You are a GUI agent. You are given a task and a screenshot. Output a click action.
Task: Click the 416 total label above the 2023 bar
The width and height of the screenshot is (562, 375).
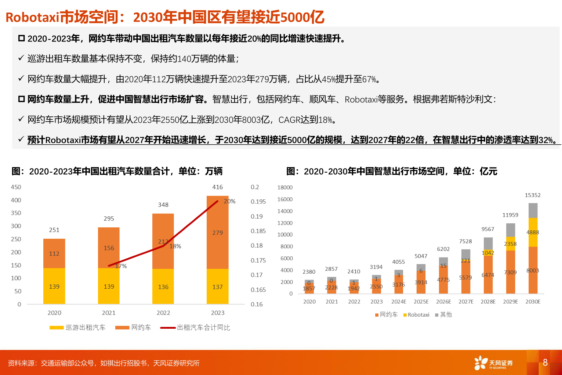217,187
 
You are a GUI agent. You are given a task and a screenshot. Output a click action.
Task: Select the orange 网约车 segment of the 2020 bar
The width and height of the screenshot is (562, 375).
54,253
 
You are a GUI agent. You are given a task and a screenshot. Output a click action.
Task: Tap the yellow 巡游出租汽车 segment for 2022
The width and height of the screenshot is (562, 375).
163,286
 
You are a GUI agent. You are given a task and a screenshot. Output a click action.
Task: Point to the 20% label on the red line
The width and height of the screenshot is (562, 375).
229,201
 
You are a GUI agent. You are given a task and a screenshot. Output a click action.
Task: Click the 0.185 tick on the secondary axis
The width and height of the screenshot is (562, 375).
258,231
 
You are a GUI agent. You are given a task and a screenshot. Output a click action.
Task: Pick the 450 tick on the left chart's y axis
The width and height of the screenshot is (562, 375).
16,187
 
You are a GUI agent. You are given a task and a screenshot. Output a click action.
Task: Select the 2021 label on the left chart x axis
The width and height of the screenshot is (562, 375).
109,313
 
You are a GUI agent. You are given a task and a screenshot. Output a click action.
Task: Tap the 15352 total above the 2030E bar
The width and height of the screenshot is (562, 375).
533,195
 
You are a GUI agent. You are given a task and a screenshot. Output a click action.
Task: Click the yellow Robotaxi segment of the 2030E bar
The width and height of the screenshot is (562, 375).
533,232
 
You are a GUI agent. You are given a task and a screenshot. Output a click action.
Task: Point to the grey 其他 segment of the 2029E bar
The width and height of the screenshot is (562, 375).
511,230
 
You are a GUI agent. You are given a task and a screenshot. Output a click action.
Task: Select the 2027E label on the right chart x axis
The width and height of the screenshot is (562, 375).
466,302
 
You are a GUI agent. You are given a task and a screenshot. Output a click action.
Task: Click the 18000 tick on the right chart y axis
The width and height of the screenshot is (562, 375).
285,188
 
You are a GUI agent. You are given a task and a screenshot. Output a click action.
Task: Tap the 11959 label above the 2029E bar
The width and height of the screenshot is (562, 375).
510,215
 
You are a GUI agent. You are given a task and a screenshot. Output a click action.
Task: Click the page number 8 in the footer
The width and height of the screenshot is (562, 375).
545,363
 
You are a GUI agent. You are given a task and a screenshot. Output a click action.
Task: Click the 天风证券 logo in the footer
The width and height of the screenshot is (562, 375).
493,363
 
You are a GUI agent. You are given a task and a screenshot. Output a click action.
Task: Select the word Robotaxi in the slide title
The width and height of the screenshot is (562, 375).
32,17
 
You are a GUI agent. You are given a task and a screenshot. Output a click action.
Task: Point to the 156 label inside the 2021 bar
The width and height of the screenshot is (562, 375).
109,248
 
